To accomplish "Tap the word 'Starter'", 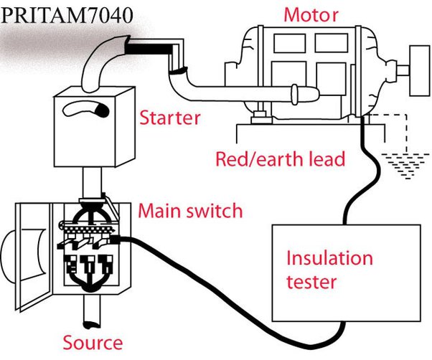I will [x=169, y=116].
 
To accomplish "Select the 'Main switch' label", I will [x=190, y=212].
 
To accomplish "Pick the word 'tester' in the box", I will [x=311, y=282].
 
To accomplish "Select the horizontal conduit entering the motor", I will [x=237, y=93].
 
